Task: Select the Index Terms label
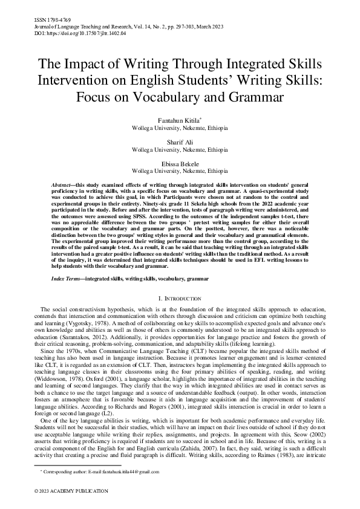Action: [67, 279]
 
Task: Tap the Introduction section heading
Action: [180, 299]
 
